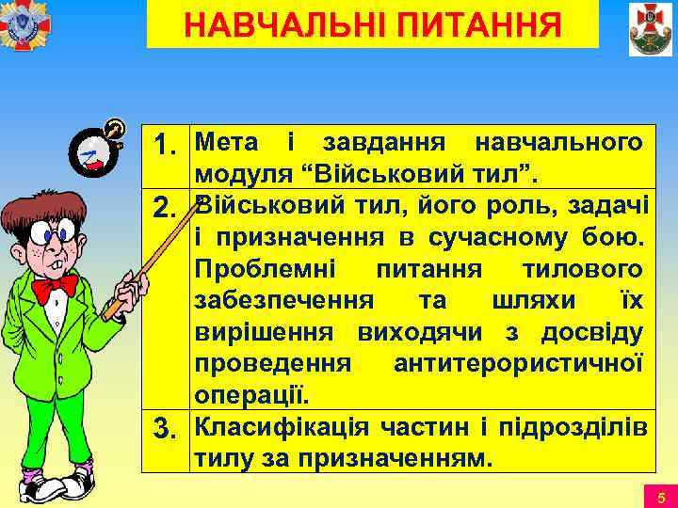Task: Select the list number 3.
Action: point(169,432)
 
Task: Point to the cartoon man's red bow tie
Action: point(55,285)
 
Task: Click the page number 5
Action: point(660,496)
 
